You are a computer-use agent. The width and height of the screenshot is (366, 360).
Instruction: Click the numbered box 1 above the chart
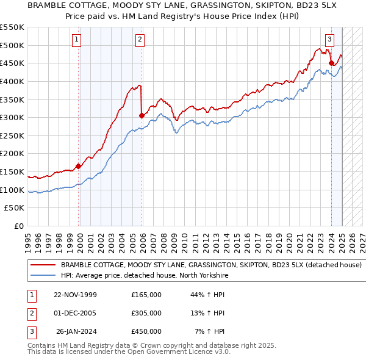point(77,40)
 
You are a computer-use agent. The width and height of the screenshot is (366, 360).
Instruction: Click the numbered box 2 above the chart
point(140,40)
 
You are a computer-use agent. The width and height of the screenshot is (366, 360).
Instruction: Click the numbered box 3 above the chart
point(329,40)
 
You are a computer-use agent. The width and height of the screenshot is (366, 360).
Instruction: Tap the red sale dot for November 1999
point(79,166)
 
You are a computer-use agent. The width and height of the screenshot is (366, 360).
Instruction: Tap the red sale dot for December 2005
point(142,115)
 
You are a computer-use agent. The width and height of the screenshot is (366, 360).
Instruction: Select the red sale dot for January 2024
point(331,63)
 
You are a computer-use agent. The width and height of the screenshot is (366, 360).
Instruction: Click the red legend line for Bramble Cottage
point(42,265)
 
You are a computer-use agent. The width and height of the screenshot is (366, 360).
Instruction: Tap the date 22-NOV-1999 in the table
point(76,295)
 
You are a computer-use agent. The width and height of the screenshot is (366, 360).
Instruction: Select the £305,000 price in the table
point(146,313)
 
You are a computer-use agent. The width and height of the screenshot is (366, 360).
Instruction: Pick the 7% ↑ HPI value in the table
point(210,331)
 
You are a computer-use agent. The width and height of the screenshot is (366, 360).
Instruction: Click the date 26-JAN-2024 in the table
point(77,331)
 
